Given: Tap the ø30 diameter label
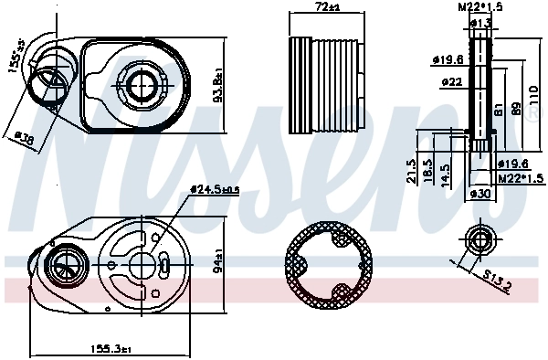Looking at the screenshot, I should tap(480, 194).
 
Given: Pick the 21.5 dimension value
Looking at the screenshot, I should tap(414, 171).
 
